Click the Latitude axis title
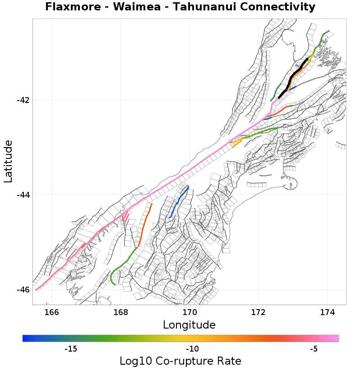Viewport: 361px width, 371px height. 8,161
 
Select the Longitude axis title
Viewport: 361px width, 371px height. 189,325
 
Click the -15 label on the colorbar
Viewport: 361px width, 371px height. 71,349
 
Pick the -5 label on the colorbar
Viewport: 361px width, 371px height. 314,349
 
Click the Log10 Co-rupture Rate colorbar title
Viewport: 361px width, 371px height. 180,361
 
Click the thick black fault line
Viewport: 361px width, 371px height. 293,76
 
